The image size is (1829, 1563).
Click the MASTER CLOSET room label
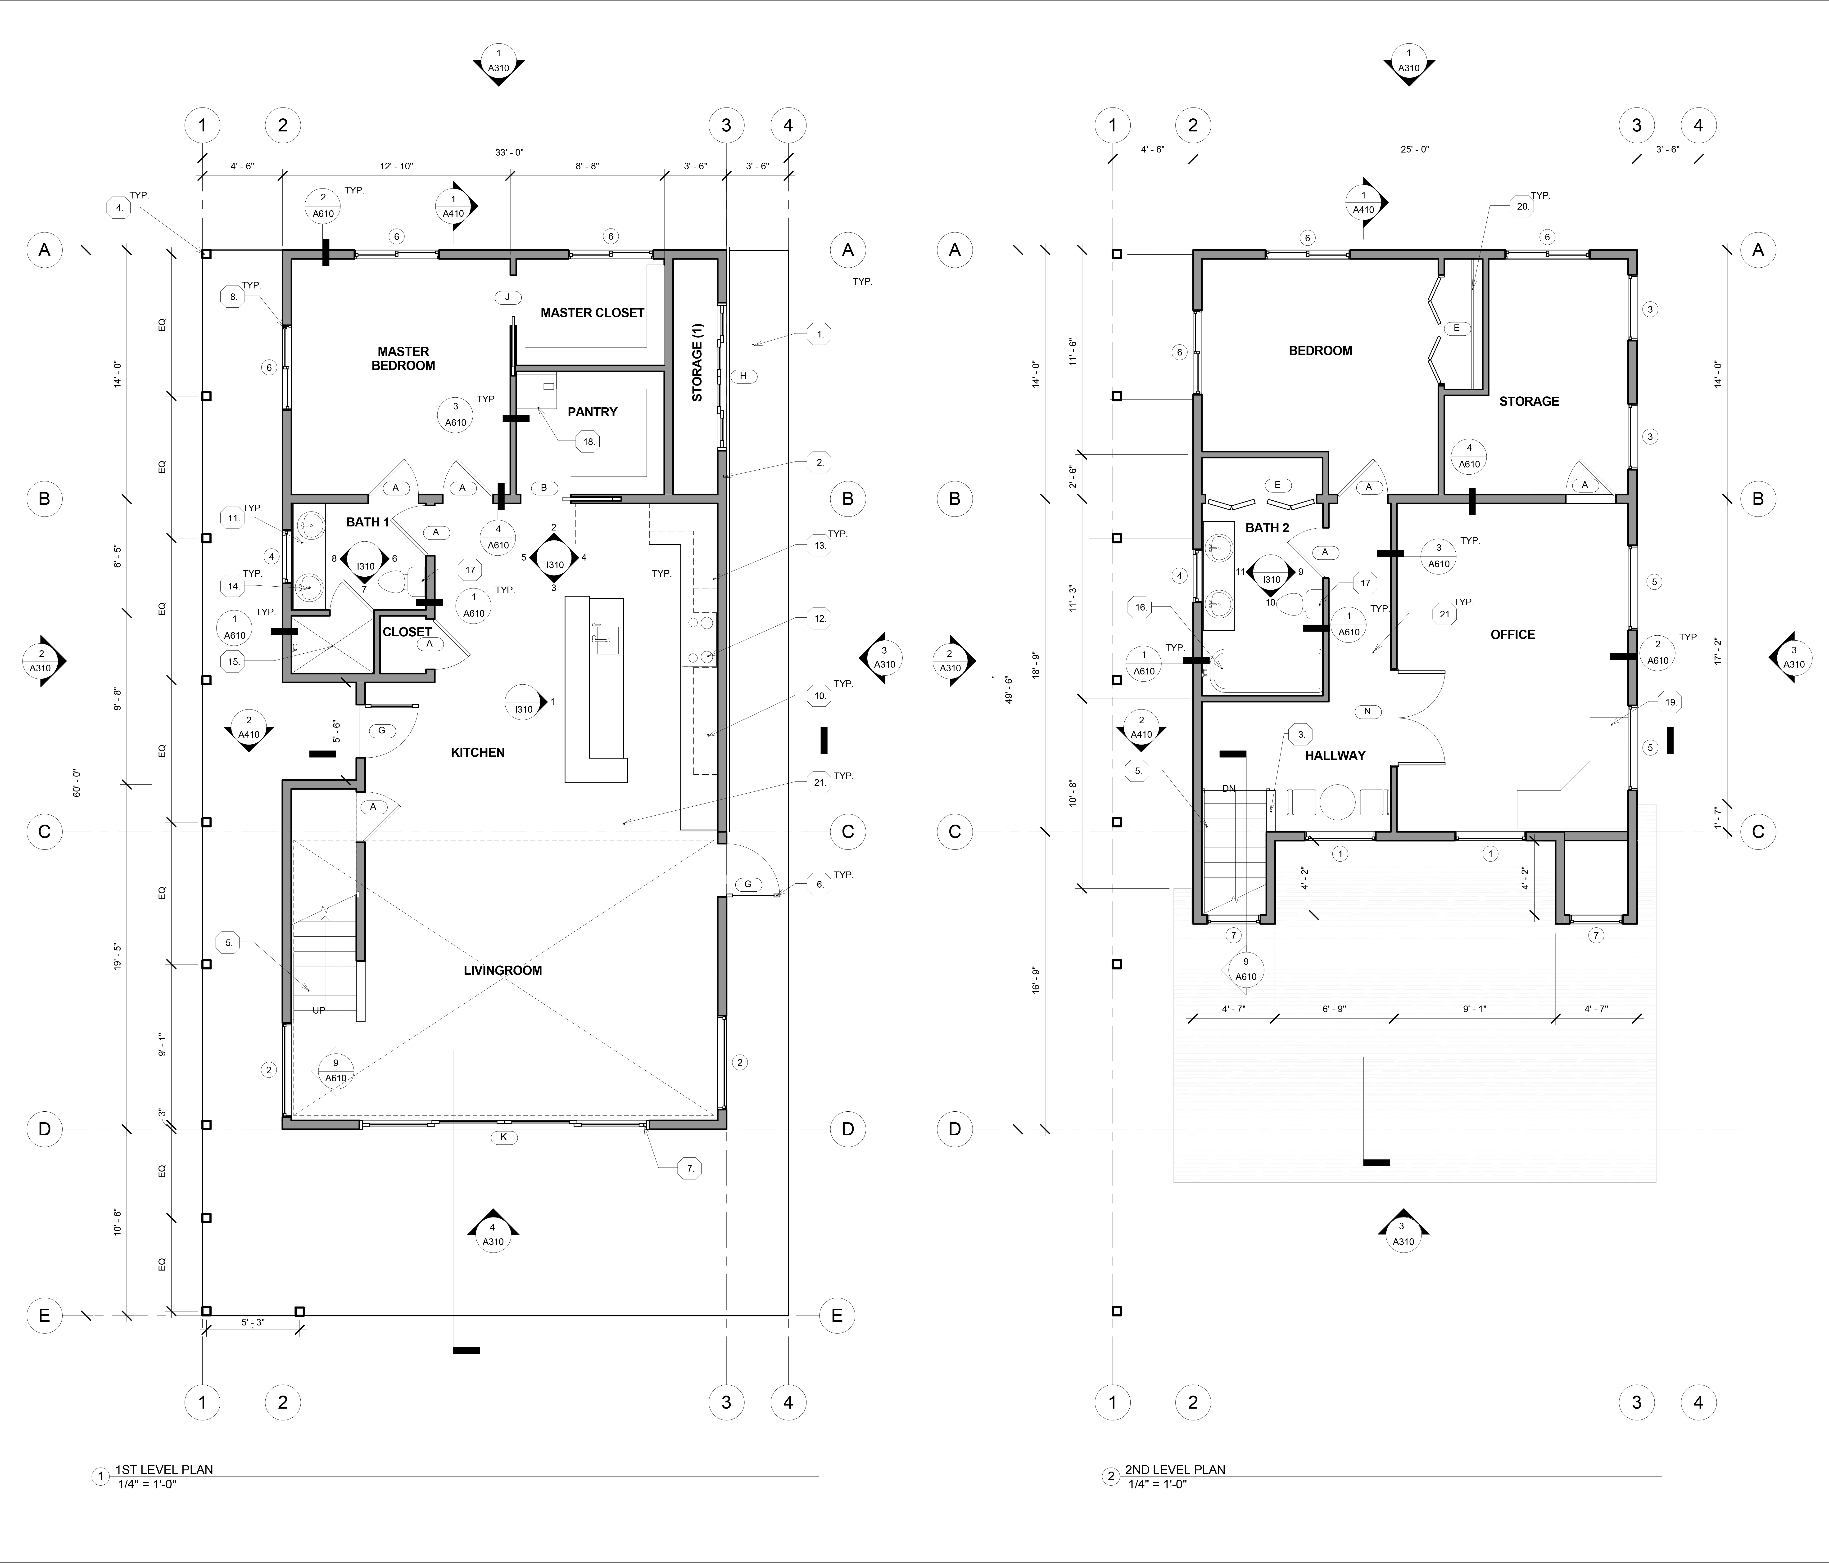(x=592, y=312)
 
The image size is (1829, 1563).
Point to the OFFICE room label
(x=1513, y=635)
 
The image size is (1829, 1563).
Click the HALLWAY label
(x=1336, y=755)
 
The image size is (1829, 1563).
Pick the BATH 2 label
(x=1268, y=528)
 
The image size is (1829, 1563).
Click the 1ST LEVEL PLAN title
(x=164, y=1469)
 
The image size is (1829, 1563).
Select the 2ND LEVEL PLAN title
(x=1175, y=1469)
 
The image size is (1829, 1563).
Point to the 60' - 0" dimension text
(x=78, y=784)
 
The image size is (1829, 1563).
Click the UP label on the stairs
(x=319, y=1011)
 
